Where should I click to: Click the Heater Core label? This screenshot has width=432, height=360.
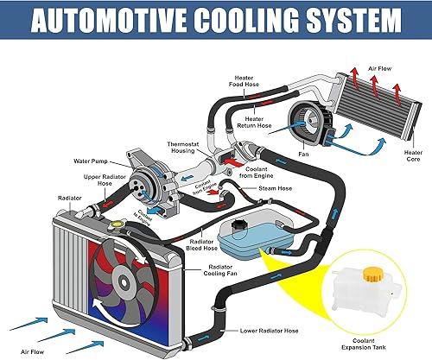413,156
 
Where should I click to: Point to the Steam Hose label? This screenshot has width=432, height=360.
275,187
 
